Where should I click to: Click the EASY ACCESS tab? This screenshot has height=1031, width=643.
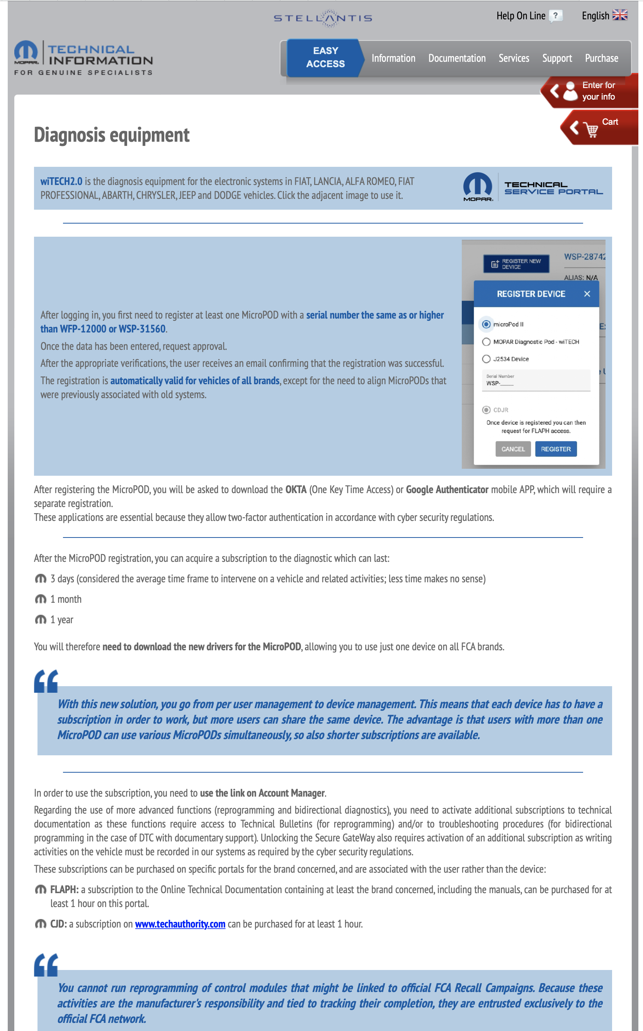(x=325, y=58)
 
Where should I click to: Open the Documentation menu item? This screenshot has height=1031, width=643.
(x=457, y=58)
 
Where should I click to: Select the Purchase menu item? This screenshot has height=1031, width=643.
(x=601, y=58)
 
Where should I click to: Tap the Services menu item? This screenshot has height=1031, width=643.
(x=514, y=58)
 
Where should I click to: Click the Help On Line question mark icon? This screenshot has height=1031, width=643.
(x=555, y=16)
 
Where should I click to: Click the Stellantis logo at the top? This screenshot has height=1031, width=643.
(x=323, y=18)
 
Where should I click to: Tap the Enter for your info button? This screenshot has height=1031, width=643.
(x=591, y=91)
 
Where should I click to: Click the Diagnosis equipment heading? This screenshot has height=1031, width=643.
(x=111, y=135)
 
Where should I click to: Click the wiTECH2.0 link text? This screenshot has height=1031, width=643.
(x=61, y=181)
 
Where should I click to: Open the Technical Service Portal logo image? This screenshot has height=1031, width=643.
(x=533, y=187)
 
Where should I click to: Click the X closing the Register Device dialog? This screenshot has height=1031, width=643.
(x=587, y=293)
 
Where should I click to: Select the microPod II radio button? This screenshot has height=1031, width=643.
(x=486, y=324)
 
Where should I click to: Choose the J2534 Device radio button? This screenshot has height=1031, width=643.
(x=486, y=359)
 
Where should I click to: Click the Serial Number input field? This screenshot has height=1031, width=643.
(x=536, y=381)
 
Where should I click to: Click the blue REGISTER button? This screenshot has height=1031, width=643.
(x=555, y=449)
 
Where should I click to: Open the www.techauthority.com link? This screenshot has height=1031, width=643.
(x=180, y=924)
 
